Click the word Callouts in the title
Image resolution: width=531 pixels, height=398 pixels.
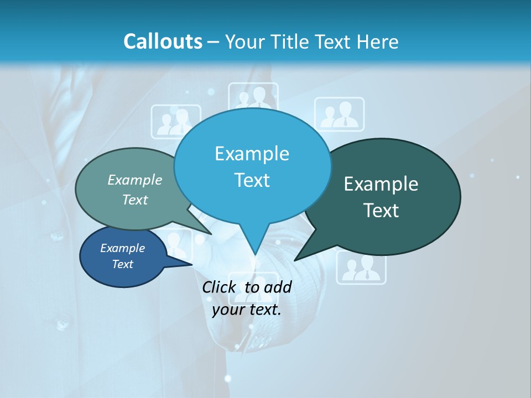163,41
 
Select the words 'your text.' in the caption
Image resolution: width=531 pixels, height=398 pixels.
247,310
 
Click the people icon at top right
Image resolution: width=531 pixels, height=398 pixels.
340,114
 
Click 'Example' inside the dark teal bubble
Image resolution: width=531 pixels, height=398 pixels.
381,184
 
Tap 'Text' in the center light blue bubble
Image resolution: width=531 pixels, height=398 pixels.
252,180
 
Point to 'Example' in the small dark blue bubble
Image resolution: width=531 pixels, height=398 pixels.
122,248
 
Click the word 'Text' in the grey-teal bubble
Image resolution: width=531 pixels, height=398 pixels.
135,200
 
